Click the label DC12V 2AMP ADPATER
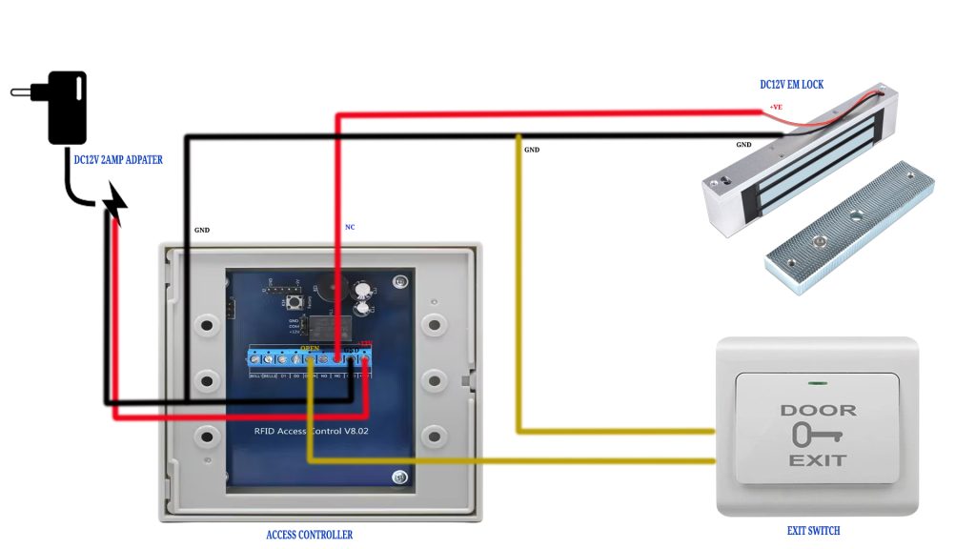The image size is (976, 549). [118, 160]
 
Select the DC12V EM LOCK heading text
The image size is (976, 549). [791, 85]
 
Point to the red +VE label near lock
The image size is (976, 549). [776, 107]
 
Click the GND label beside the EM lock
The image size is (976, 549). [743, 145]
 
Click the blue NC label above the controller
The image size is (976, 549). [350, 227]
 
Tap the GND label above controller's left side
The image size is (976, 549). [202, 230]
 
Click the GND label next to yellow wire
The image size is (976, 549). [532, 150]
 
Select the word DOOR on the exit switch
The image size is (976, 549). [818, 411]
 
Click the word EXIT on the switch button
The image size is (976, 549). [817, 460]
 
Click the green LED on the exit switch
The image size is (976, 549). [817, 384]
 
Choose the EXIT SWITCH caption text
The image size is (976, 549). [813, 531]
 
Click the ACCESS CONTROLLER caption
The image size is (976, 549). [309, 535]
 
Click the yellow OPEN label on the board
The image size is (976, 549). [310, 348]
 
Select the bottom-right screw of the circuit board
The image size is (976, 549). [399, 478]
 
